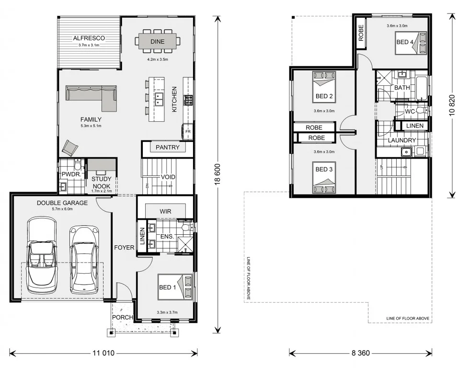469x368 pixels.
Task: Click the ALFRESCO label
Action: pyautogui.click(x=89, y=38)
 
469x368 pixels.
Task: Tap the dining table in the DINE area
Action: pyautogui.click(x=158, y=42)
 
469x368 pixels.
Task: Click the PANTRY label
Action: pyautogui.click(x=168, y=148)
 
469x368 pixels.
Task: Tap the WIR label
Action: pyautogui.click(x=166, y=211)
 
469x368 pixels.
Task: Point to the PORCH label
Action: pyautogui.click(x=122, y=317)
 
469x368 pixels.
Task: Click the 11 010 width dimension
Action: pyautogui.click(x=103, y=354)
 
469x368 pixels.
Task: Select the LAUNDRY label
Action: pyautogui.click(x=401, y=140)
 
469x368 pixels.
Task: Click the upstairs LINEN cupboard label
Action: pyautogui.click(x=414, y=126)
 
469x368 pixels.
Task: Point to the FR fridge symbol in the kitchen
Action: pyautogui.click(x=188, y=131)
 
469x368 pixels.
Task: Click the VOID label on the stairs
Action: pyautogui.click(x=168, y=177)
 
